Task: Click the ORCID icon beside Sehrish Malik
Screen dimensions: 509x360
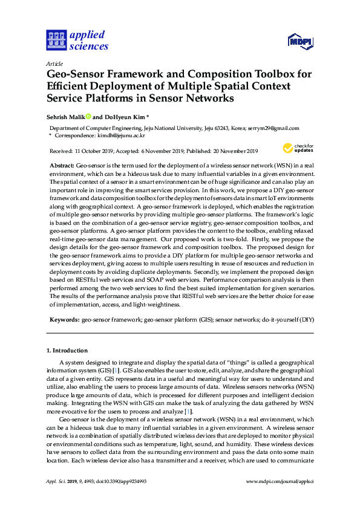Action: [88, 116]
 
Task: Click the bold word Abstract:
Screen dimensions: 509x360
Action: [62, 165]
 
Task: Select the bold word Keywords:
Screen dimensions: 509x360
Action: [64, 318]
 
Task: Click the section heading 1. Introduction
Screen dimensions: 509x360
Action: [67, 351]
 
